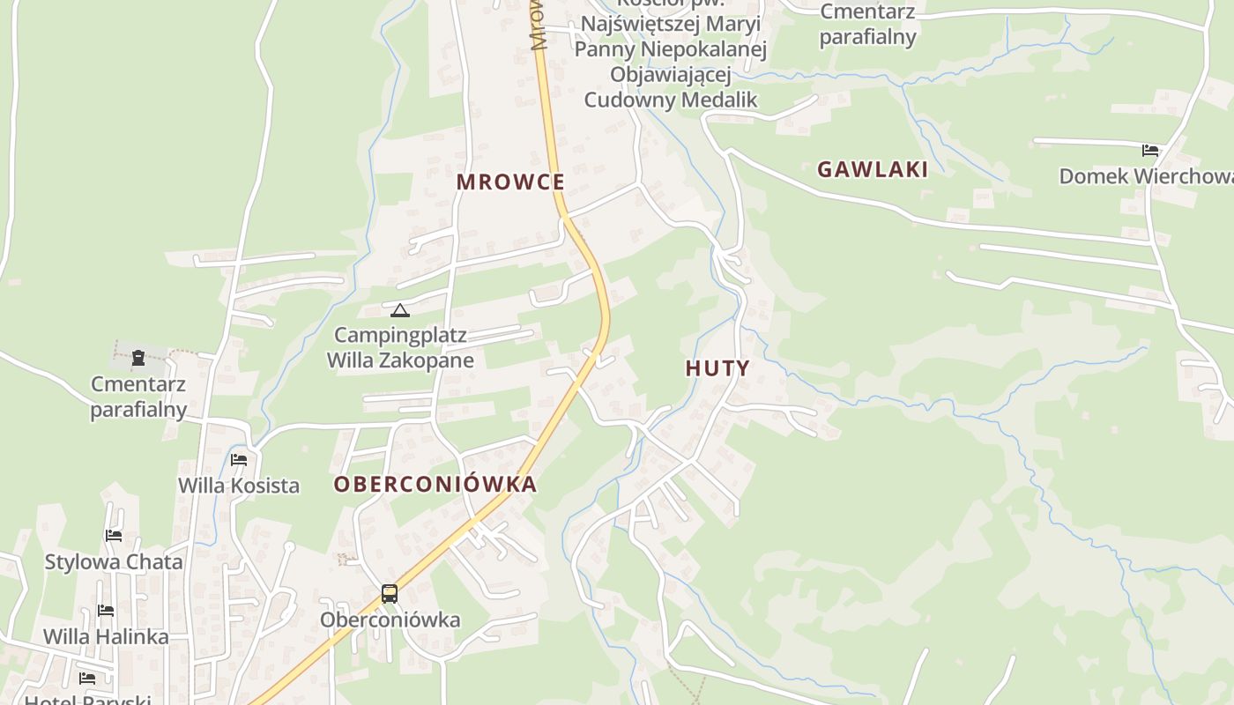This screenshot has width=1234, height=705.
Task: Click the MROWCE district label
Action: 510,182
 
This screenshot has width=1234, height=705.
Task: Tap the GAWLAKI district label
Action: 873,169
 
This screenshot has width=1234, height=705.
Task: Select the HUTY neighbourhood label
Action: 717,368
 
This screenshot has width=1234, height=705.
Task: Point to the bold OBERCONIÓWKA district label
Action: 435,484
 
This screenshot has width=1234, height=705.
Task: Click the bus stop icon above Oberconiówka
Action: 390,593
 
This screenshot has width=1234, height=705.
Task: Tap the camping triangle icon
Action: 400,310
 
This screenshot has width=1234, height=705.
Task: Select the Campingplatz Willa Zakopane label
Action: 400,348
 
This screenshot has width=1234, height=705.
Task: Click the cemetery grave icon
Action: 138,358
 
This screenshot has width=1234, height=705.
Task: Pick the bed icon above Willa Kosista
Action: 239,459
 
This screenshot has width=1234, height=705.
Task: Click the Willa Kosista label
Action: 239,486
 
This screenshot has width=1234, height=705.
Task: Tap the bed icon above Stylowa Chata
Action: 114,535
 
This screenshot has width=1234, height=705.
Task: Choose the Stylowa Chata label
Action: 114,561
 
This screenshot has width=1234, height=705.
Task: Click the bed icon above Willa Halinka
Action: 106,610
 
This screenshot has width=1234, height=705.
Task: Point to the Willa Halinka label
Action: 106,636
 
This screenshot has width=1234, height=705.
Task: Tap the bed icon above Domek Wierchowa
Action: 1150,150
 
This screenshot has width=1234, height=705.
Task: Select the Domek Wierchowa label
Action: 1146,176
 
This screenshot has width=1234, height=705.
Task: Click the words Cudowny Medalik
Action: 671,100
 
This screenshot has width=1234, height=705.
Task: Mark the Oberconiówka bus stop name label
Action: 390,620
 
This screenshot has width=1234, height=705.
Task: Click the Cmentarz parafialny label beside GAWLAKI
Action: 868,25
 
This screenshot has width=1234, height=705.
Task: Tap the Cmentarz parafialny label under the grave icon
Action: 138,397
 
